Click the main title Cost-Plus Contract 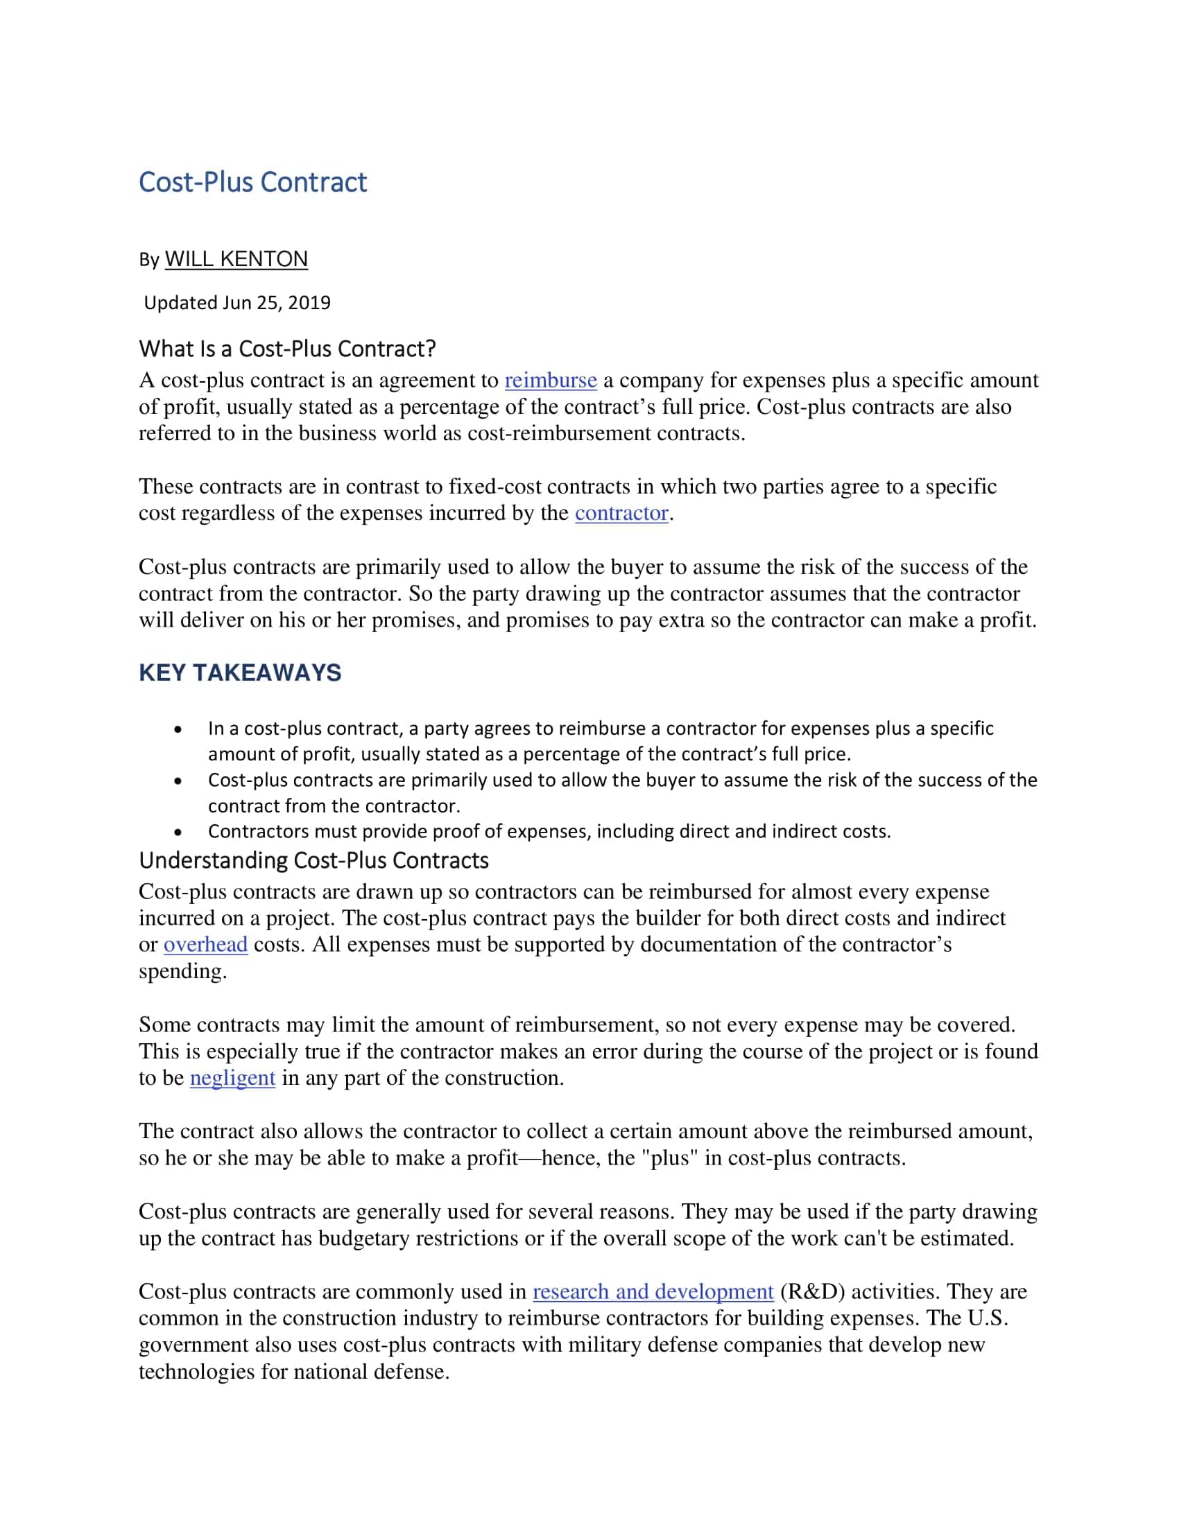coord(253,182)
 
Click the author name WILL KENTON coord(236,259)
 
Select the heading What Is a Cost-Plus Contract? coord(287,348)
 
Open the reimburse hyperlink coord(551,381)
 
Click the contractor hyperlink coord(621,513)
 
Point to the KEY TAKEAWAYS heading coord(240,672)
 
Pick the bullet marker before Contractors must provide coord(179,833)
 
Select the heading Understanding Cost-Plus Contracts coord(313,860)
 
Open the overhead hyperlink coord(205,945)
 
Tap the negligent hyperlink coord(232,1078)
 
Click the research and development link coord(653,1292)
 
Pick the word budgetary coord(364,1239)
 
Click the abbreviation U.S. coord(988,1318)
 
